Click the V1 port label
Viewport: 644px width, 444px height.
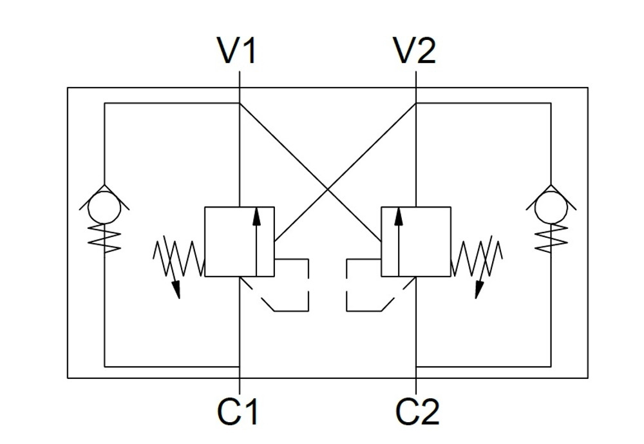(x=238, y=51)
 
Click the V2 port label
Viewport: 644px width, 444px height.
(x=415, y=51)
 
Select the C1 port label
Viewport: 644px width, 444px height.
(x=238, y=412)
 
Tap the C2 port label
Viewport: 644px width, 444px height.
(x=417, y=412)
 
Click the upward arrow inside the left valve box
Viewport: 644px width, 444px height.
(x=256, y=238)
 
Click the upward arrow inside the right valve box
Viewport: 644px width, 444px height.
(x=399, y=238)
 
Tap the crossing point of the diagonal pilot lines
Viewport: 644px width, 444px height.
(x=328, y=190)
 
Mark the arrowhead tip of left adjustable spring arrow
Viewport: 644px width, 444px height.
(x=178, y=298)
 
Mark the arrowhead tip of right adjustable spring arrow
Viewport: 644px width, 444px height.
(x=477, y=298)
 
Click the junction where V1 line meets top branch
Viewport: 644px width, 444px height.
(x=239, y=102)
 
